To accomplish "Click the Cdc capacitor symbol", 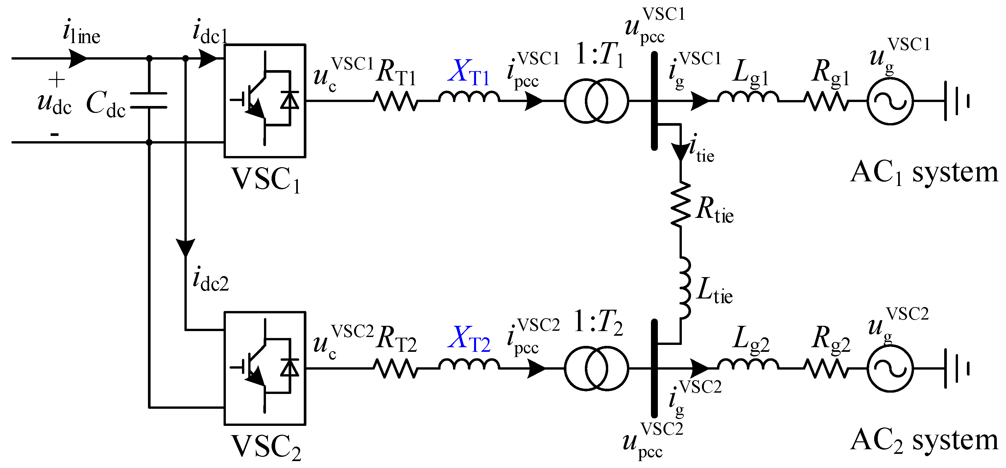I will pos(149,100).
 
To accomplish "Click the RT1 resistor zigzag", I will pos(396,101).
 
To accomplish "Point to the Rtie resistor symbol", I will pos(681,204).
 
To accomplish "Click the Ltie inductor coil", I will pos(684,287).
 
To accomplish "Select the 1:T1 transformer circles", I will pos(596,101).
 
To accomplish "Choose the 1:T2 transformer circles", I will pos(596,368).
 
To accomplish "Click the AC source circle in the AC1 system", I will pos(890,101).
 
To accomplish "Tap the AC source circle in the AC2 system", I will pos(890,368).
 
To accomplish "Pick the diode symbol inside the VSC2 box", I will pos(290,368).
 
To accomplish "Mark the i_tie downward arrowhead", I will pos(681,152).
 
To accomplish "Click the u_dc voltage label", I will pos(54,103).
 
